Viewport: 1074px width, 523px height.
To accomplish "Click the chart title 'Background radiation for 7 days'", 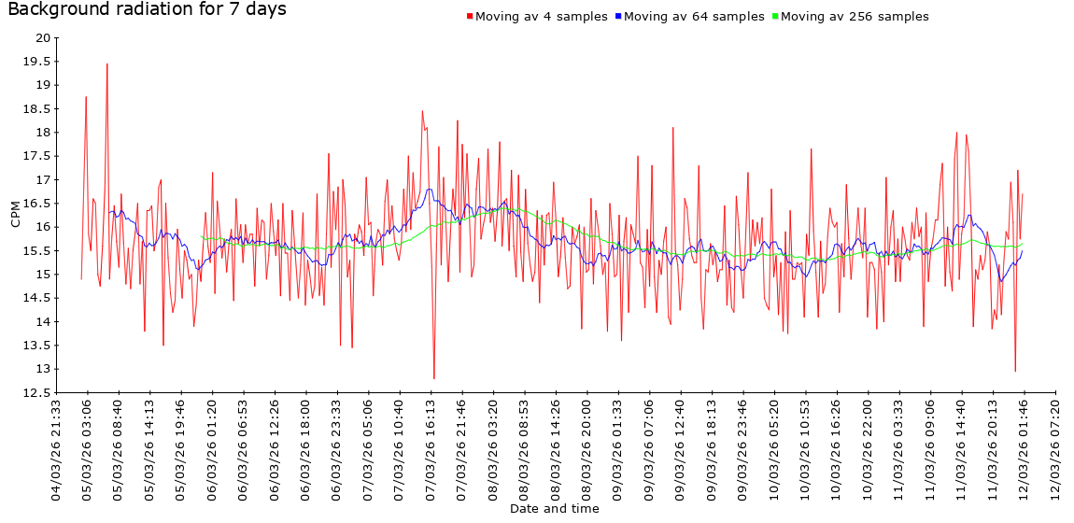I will pos(147,10).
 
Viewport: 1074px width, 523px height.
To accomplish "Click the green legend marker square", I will pos(775,17).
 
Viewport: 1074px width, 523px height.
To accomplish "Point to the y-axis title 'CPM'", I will pos(15,215).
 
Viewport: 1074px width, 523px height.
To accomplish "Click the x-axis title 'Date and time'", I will pos(555,509).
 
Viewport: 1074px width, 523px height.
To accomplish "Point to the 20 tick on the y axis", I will pos(41,37).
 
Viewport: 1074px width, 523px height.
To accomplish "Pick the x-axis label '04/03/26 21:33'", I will pos(57,448).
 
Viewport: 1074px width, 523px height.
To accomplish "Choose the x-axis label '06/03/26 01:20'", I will pos(213,448).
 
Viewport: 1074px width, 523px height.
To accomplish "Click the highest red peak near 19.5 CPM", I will pos(107,64).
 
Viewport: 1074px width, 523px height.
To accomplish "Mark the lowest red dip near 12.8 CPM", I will pos(434,378).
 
